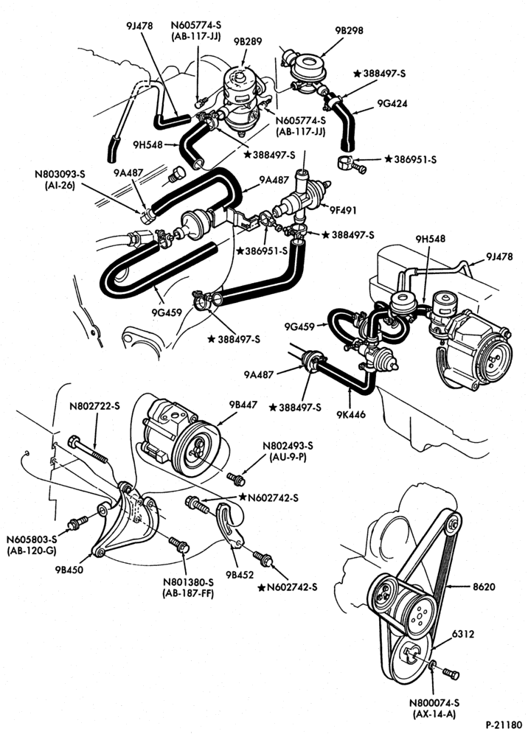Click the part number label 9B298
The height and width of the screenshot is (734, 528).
(x=349, y=30)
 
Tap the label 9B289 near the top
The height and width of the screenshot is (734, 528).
(x=248, y=41)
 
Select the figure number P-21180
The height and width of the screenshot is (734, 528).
(x=504, y=725)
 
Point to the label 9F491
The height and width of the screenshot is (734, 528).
(x=342, y=211)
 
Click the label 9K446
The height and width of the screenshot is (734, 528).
(x=350, y=414)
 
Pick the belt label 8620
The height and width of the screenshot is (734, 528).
(x=484, y=586)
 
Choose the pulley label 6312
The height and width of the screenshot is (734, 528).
(x=463, y=634)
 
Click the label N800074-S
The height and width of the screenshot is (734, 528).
(x=434, y=703)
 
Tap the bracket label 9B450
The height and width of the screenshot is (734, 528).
(x=69, y=570)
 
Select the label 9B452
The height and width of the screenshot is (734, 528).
(x=240, y=574)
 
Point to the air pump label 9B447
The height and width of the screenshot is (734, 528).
(x=243, y=405)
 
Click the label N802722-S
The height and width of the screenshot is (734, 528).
(x=94, y=406)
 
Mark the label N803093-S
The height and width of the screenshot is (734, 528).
(x=60, y=174)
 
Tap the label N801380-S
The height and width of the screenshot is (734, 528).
(x=188, y=582)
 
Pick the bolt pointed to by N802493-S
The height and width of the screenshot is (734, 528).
(x=236, y=479)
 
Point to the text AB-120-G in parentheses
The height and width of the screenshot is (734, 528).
(x=32, y=551)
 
